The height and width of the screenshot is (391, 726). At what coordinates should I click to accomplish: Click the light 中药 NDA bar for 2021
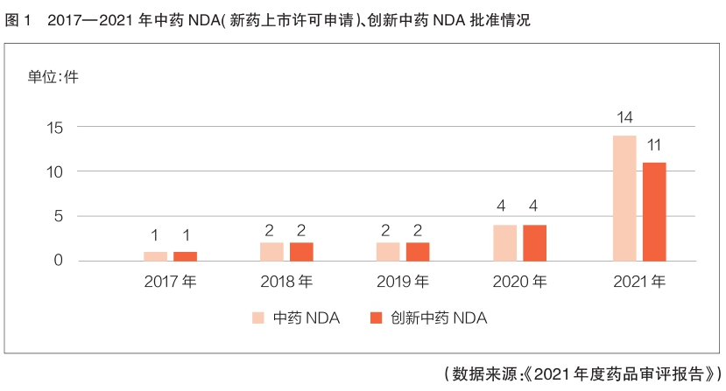pyautogui.click(x=624, y=198)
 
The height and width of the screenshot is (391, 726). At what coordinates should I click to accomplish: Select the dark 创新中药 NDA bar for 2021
pyautogui.click(x=654, y=211)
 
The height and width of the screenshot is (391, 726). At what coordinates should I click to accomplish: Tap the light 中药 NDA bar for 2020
pyautogui.click(x=505, y=242)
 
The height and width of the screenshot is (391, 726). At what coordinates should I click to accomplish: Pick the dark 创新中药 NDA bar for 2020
pyautogui.click(x=535, y=242)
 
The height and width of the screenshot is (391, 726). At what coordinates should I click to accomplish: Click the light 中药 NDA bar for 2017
pyautogui.click(x=155, y=255)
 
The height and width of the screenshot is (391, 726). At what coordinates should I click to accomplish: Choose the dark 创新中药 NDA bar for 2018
pyautogui.click(x=301, y=251)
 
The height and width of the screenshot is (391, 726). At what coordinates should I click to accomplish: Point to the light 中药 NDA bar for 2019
pyautogui.click(x=388, y=251)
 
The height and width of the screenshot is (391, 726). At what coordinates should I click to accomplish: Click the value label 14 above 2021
pyautogui.click(x=624, y=118)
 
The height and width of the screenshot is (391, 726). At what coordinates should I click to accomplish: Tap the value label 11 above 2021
pyautogui.click(x=653, y=144)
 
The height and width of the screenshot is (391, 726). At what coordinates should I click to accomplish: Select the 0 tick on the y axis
pyautogui.click(x=58, y=261)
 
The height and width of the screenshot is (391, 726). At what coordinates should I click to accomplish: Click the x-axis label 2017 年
pyautogui.click(x=170, y=283)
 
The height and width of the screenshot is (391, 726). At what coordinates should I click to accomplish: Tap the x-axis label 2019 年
pyautogui.click(x=403, y=283)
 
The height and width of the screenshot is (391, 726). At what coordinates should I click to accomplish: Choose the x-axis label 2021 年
pyautogui.click(x=638, y=283)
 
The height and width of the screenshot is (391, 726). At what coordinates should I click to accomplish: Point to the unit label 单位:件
pyautogui.click(x=53, y=76)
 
